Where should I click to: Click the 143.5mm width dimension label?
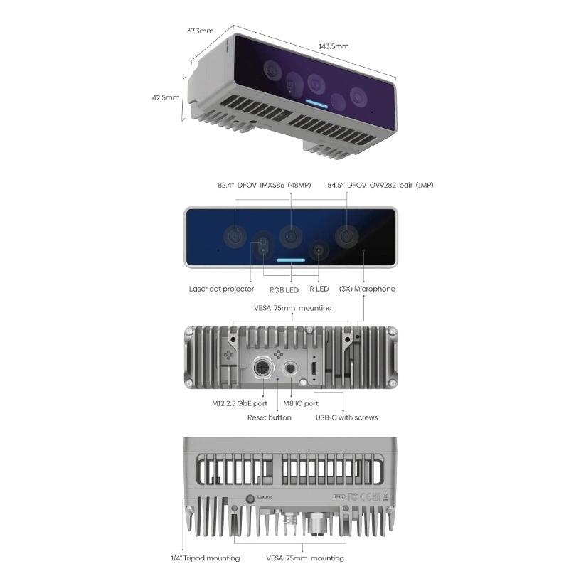coord(334,46)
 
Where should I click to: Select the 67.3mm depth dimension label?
coord(201,31)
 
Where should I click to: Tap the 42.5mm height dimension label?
coord(166,98)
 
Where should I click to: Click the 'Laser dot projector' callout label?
coord(221,289)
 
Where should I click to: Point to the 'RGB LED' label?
coord(284,290)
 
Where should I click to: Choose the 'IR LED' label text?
coord(319,289)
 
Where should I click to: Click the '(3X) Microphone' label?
coord(367,289)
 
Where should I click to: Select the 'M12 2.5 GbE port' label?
coord(240,404)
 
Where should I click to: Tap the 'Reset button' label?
coord(269,418)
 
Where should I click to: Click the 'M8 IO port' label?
coord(301,404)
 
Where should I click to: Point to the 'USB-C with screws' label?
coord(346,418)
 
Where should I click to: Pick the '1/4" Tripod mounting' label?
coord(206,558)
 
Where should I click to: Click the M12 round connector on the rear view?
coord(263,368)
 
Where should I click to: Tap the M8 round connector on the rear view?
coord(290,368)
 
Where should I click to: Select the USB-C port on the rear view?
coord(314,369)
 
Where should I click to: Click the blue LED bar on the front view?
coord(291,260)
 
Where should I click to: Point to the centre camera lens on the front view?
coord(291,236)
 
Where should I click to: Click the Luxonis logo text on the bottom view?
coord(265,497)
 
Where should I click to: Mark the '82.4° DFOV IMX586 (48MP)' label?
coord(265,186)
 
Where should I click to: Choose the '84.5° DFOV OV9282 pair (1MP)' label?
coord(380,186)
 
